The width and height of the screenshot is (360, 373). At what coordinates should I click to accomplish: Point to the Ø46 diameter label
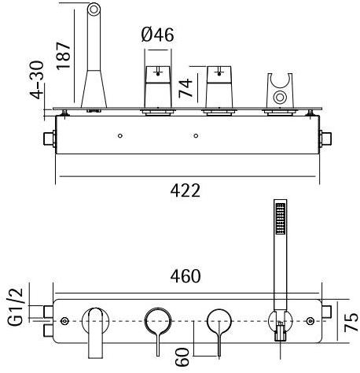(158, 35)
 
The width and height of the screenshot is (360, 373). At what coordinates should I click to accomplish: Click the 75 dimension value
(351, 322)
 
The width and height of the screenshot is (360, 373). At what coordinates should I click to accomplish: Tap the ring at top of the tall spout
(94, 11)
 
